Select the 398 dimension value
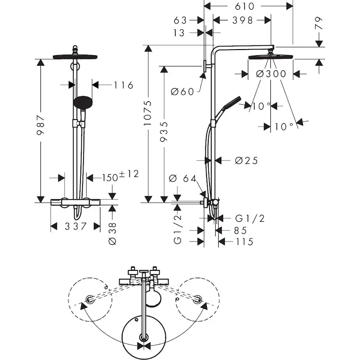pyautogui.click(x=242, y=20)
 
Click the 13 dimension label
pyautogui.click(x=179, y=33)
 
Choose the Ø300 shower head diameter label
pyautogui.click(x=271, y=74)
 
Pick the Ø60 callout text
pyautogui.click(x=182, y=91)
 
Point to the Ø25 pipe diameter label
pyautogui.click(x=246, y=160)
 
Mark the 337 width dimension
pyautogui.click(x=76, y=227)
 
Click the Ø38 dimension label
pyautogui.click(x=112, y=233)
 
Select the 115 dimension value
pyautogui.click(x=244, y=242)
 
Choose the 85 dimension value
pyautogui.click(x=241, y=230)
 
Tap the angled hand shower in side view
pyautogui.click(x=230, y=103)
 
